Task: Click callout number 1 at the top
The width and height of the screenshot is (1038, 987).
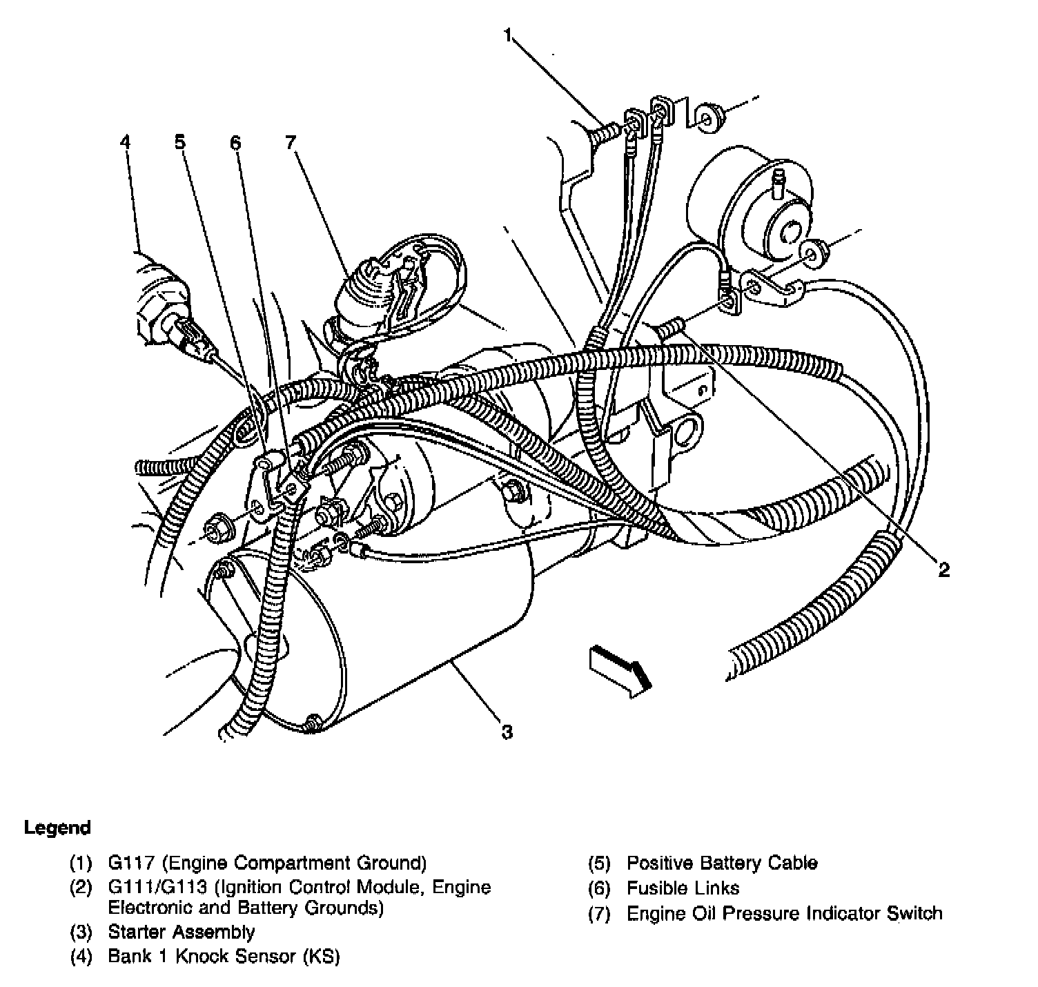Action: [509, 36]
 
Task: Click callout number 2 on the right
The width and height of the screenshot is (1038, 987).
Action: [943, 569]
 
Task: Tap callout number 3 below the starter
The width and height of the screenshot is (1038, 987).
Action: [507, 732]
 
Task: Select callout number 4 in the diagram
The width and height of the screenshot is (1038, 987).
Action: [124, 142]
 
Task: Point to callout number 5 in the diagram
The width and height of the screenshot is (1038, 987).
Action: [179, 142]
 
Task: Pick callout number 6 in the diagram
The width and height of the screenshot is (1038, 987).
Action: [235, 142]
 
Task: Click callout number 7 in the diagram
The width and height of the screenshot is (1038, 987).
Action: [290, 142]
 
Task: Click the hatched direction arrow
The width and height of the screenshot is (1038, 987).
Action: [619, 672]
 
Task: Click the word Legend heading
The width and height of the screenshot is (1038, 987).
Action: [57, 828]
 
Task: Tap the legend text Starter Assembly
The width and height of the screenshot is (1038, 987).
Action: [182, 932]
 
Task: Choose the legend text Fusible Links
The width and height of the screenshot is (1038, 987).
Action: [683, 888]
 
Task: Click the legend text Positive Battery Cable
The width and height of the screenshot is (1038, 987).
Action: [721, 863]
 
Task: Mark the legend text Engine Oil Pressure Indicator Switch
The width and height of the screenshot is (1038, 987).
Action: [784, 914]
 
